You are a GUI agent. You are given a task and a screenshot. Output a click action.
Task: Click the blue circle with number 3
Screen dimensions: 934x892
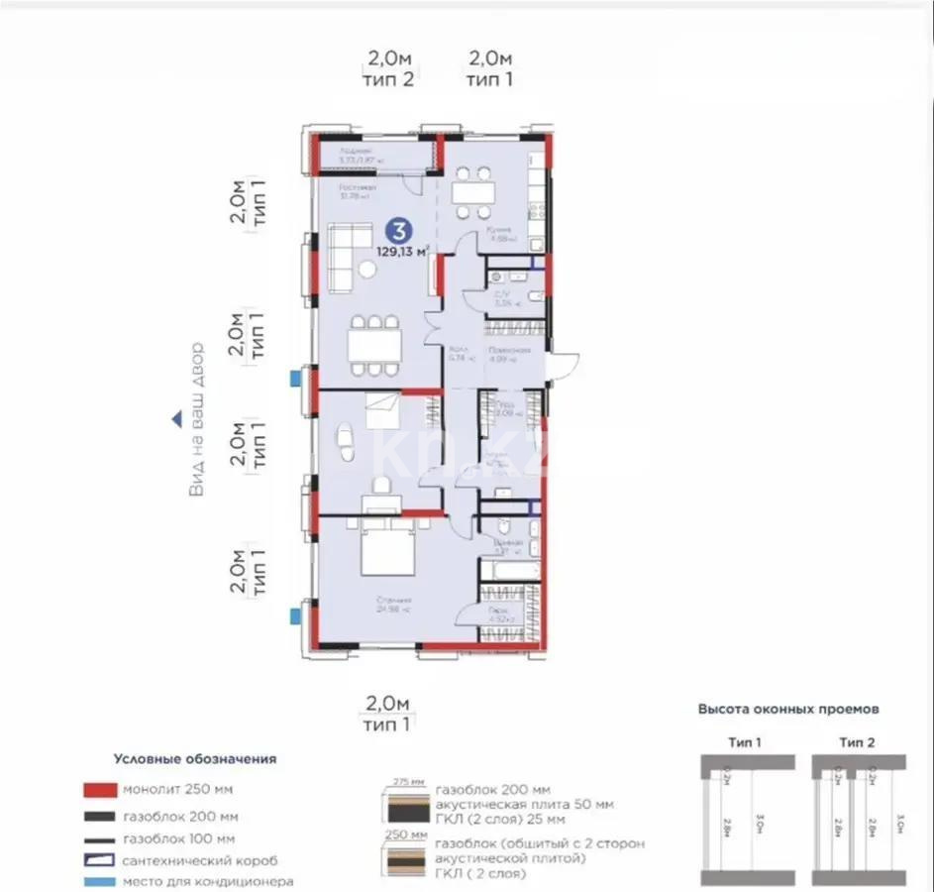tap(398, 232)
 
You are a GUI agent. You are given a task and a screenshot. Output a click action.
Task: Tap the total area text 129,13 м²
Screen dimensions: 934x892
tap(402, 252)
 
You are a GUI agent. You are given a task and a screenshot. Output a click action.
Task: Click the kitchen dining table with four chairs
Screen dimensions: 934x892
tap(471, 192)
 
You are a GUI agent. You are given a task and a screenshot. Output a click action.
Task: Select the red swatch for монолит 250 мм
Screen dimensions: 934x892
tap(100, 790)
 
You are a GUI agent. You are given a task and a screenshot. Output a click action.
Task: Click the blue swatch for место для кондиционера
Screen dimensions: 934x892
tap(100, 881)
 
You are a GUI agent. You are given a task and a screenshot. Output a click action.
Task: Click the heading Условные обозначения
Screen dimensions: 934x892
tap(194, 759)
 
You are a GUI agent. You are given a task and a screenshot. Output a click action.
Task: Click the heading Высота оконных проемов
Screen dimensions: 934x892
tap(788, 710)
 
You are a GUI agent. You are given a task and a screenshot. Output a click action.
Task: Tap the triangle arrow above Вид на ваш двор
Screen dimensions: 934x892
tap(176, 420)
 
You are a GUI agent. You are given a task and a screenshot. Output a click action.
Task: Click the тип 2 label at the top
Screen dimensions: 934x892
tap(388, 80)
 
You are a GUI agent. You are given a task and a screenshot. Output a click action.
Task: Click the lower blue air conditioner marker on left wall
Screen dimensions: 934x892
tap(294, 615)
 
